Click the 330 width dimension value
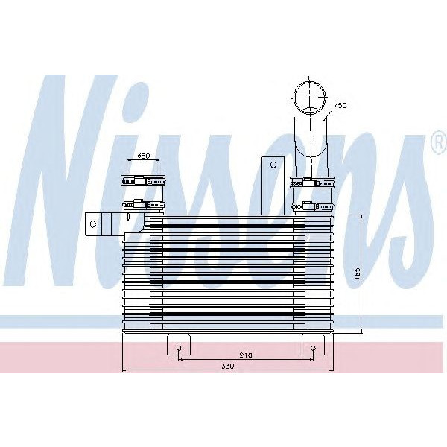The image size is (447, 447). tap(226, 366)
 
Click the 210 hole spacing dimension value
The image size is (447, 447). tap(247, 355)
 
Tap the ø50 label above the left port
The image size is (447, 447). tap(143, 156)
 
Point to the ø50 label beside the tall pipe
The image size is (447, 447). tap(339, 106)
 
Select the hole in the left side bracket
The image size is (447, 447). tap(93, 222)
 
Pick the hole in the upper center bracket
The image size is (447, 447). tap(273, 165)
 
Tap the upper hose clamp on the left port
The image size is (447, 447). tap(143, 180)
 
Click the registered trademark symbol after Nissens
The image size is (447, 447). tap(438, 142)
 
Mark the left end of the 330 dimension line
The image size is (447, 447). tap(121, 370)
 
